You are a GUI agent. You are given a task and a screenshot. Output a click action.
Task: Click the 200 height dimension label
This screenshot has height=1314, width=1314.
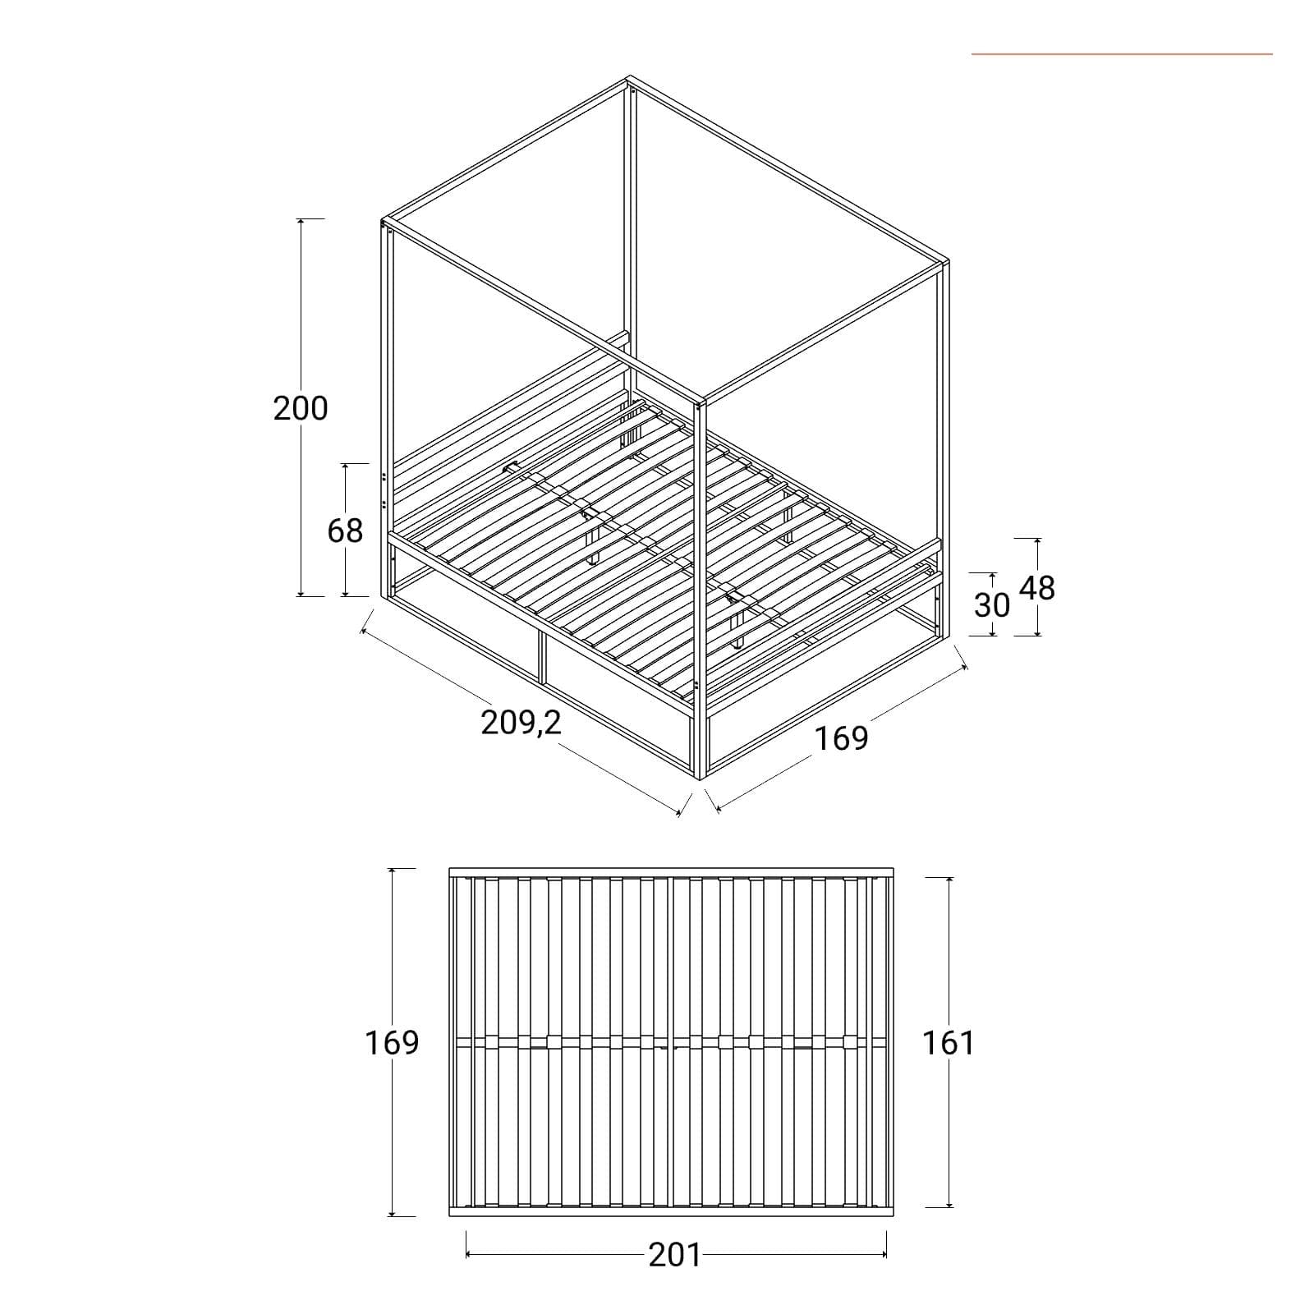pos(301,408)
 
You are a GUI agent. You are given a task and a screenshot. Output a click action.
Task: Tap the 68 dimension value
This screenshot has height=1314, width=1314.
pos(345,531)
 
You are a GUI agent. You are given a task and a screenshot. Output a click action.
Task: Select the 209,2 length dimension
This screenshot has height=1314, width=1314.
pos(521,722)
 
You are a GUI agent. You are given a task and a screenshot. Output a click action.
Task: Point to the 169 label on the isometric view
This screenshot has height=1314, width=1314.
pos(841,737)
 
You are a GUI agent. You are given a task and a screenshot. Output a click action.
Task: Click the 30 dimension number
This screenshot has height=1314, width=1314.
pos(992,605)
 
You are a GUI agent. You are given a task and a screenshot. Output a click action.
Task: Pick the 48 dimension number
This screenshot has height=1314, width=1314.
pos(1036,588)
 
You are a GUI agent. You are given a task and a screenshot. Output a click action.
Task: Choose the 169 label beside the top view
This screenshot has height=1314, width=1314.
pos(392,1042)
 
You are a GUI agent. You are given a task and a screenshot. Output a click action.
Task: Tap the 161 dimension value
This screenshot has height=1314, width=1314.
pos(949,1042)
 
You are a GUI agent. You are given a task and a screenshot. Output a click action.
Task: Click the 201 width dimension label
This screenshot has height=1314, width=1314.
pos(675,1255)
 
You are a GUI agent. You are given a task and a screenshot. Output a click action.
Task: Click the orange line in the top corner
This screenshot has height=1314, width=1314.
pos(1122,54)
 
